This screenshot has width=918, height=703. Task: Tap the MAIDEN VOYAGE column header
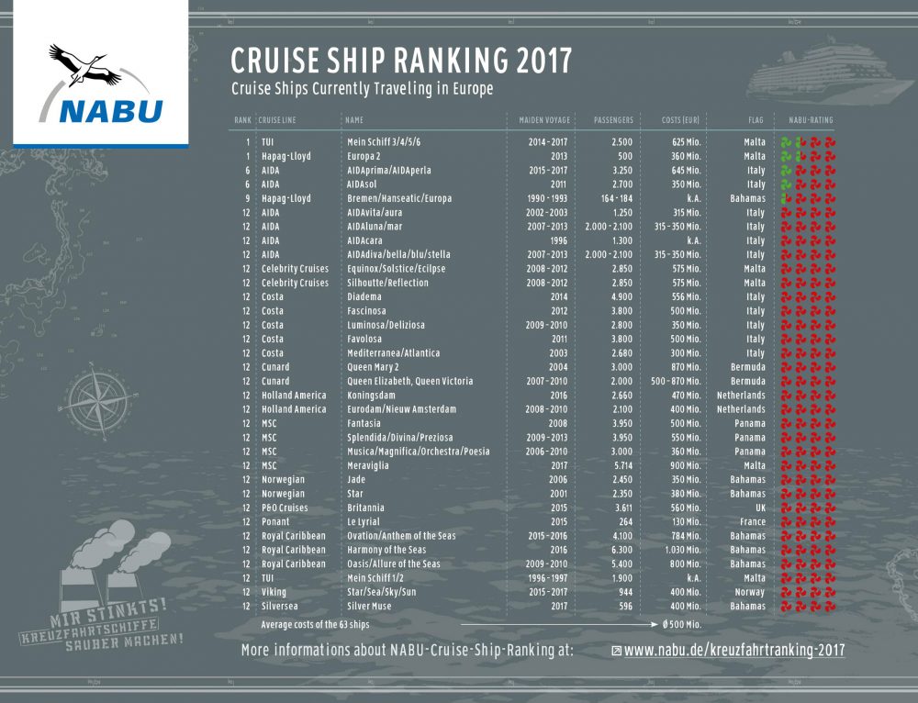539,120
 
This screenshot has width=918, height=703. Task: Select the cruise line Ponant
275,521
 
